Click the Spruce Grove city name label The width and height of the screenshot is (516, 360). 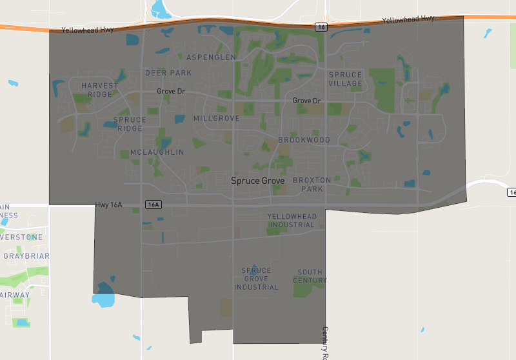(258, 181)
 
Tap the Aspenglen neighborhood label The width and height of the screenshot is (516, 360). (211, 57)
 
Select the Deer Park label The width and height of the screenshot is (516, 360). (168, 73)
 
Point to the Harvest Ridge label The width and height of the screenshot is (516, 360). (100, 90)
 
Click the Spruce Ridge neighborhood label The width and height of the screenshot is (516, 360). (130, 124)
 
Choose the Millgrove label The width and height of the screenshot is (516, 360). (216, 119)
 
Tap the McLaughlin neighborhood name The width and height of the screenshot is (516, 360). (157, 152)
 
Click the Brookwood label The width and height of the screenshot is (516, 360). (304, 140)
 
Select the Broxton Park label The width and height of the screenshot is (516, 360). (312, 185)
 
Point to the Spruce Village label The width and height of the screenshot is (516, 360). (345, 79)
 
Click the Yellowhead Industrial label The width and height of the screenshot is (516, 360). (292, 221)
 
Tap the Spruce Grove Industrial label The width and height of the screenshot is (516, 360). (256, 279)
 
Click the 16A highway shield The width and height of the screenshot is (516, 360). (152, 205)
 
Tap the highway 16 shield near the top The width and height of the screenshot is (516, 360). (321, 26)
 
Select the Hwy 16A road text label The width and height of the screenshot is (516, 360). (108, 205)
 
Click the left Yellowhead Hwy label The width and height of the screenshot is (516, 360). (88, 30)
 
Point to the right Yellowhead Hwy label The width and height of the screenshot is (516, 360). (408, 20)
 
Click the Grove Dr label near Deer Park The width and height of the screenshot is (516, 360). (171, 92)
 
